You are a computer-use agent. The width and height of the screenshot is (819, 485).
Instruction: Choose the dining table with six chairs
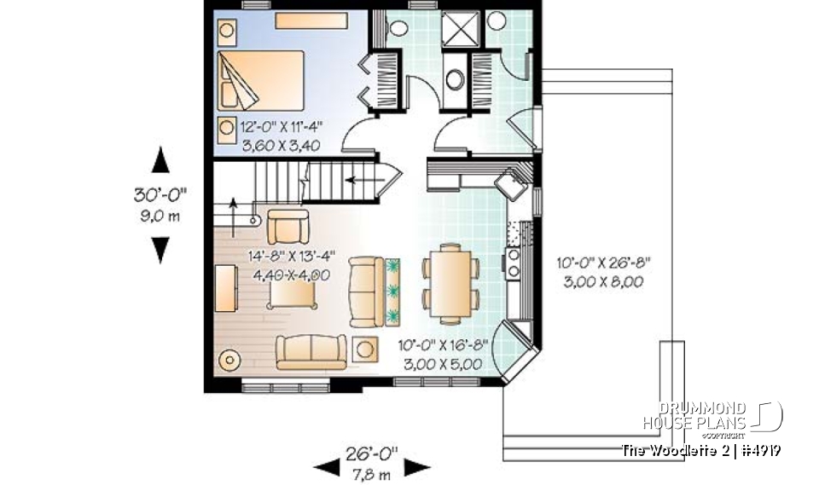pyautogui.click(x=450, y=281)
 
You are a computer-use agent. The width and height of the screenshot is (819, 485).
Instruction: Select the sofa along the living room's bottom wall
pyautogui.click(x=310, y=350)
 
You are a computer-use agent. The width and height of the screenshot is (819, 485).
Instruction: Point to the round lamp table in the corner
pyautogui.click(x=230, y=361)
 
